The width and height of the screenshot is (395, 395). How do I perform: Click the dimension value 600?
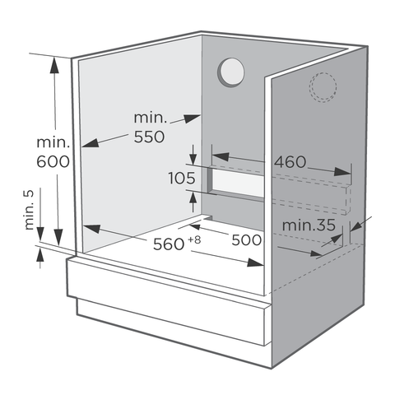[53, 161]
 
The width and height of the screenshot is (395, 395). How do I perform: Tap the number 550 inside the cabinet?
[149, 137]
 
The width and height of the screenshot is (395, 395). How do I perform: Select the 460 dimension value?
[290, 162]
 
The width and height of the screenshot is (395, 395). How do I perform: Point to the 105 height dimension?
[182, 178]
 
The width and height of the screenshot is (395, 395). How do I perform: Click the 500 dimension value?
[247, 240]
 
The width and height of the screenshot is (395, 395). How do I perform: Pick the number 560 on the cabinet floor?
[169, 244]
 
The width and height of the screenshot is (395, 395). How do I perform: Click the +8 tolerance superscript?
[194, 239]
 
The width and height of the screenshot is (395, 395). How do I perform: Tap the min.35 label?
[309, 225]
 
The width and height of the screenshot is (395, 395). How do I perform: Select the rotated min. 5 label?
[29, 210]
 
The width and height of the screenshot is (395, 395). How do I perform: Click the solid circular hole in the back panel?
[231, 72]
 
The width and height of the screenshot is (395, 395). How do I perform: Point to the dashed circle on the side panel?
[323, 87]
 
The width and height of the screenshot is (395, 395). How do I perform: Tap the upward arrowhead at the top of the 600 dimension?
[54, 65]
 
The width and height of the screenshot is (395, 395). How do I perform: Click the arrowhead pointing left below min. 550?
[90, 142]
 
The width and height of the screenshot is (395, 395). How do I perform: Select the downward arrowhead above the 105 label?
[193, 159]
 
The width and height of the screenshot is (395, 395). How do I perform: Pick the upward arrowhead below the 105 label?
[193, 198]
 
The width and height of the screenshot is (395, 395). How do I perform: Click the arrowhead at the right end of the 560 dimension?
[255, 263]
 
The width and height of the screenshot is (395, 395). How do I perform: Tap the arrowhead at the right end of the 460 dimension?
[342, 171]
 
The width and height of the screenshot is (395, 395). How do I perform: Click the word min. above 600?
[53, 143]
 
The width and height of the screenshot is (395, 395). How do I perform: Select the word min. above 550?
[151, 118]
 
